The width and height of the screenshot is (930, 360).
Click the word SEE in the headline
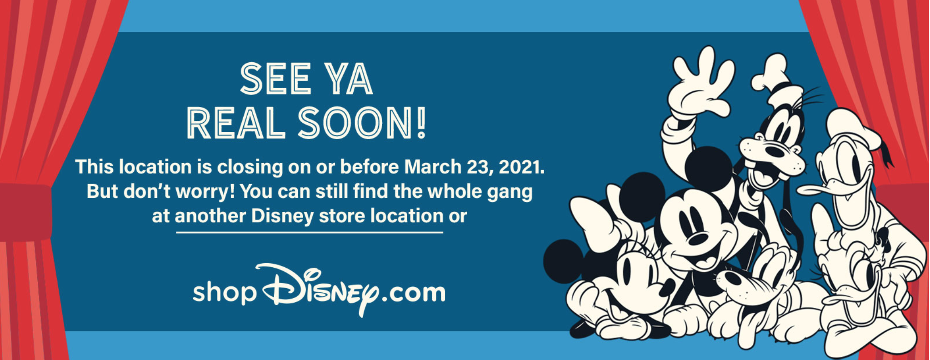(275, 79)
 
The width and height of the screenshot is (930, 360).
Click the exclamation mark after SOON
(421, 123)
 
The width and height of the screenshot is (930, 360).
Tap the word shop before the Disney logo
(224, 292)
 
